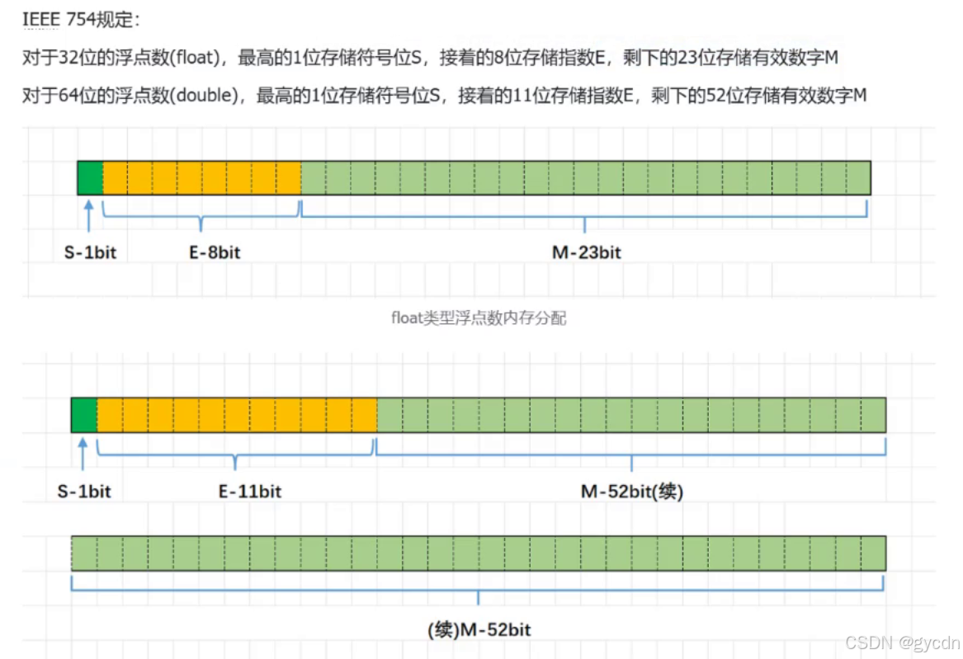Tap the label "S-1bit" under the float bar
(90, 252)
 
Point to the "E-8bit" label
(215, 252)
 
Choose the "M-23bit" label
(586, 252)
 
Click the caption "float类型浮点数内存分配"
(479, 318)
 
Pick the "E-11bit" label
(249, 492)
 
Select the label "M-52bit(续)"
(632, 492)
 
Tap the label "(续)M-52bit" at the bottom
(479, 630)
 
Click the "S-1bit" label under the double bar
(84, 492)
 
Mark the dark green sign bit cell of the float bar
(90, 178)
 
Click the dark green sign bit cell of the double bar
(84, 415)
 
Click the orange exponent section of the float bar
(201, 178)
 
